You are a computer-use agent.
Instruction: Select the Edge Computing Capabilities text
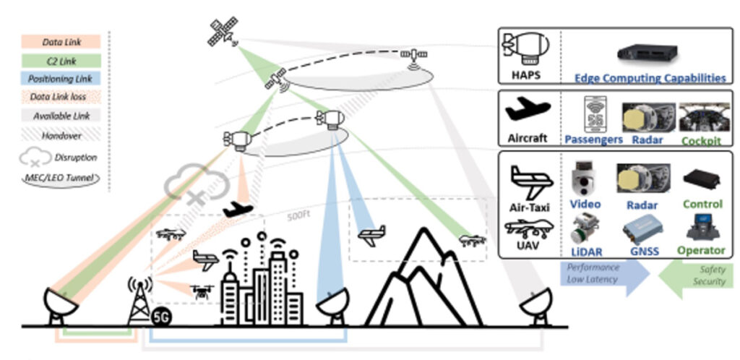click(x=650, y=78)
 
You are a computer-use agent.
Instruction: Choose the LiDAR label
click(x=585, y=250)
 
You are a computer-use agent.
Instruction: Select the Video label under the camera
click(x=585, y=205)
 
